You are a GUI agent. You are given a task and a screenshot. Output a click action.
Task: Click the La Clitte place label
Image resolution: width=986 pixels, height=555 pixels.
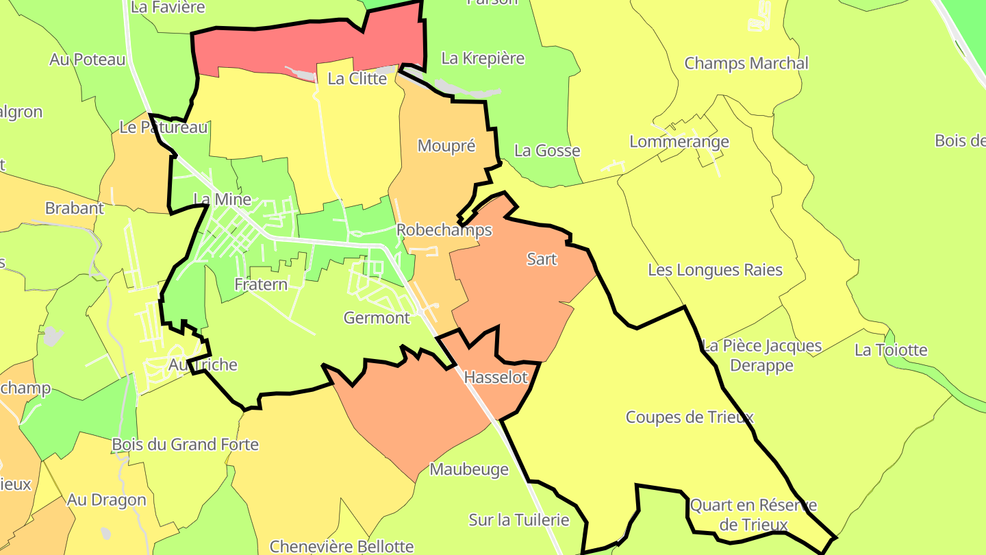(x=357, y=79)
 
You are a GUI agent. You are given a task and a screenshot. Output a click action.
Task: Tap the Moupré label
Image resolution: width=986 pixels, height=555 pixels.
(x=446, y=146)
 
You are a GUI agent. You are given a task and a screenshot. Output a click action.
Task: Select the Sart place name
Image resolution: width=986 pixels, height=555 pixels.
(x=542, y=260)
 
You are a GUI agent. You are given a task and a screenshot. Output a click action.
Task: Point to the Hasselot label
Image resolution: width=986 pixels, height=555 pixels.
(x=496, y=378)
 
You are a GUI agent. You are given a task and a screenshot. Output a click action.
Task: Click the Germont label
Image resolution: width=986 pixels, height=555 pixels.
(x=377, y=318)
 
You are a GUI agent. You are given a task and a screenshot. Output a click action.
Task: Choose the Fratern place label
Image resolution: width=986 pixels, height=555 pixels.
(x=261, y=284)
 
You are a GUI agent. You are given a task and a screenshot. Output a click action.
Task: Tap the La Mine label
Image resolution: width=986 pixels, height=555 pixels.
(x=223, y=199)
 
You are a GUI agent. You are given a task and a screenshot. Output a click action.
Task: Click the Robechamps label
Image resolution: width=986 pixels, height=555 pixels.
(x=444, y=230)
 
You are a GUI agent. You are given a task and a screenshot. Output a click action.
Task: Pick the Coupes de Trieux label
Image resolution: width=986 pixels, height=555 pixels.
(x=690, y=417)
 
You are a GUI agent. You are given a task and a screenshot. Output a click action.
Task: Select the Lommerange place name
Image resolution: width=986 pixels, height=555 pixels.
(x=679, y=143)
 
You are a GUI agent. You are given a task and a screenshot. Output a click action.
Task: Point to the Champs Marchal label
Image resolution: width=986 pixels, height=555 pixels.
(x=746, y=64)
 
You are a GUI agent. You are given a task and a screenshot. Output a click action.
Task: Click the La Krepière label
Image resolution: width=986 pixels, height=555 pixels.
(x=483, y=58)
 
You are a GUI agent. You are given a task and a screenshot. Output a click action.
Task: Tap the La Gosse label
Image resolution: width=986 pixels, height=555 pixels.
(x=547, y=151)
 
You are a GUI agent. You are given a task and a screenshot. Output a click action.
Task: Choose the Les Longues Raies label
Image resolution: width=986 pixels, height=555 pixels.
(x=715, y=270)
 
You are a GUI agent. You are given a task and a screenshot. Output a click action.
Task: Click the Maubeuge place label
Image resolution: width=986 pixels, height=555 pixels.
(x=469, y=470)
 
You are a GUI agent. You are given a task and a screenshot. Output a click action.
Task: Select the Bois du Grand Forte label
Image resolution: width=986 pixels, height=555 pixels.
(x=186, y=445)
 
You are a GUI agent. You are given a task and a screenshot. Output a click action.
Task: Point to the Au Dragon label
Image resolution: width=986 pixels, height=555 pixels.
(x=106, y=500)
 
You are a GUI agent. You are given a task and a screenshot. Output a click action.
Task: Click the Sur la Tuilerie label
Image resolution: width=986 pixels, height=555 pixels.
(x=518, y=520)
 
